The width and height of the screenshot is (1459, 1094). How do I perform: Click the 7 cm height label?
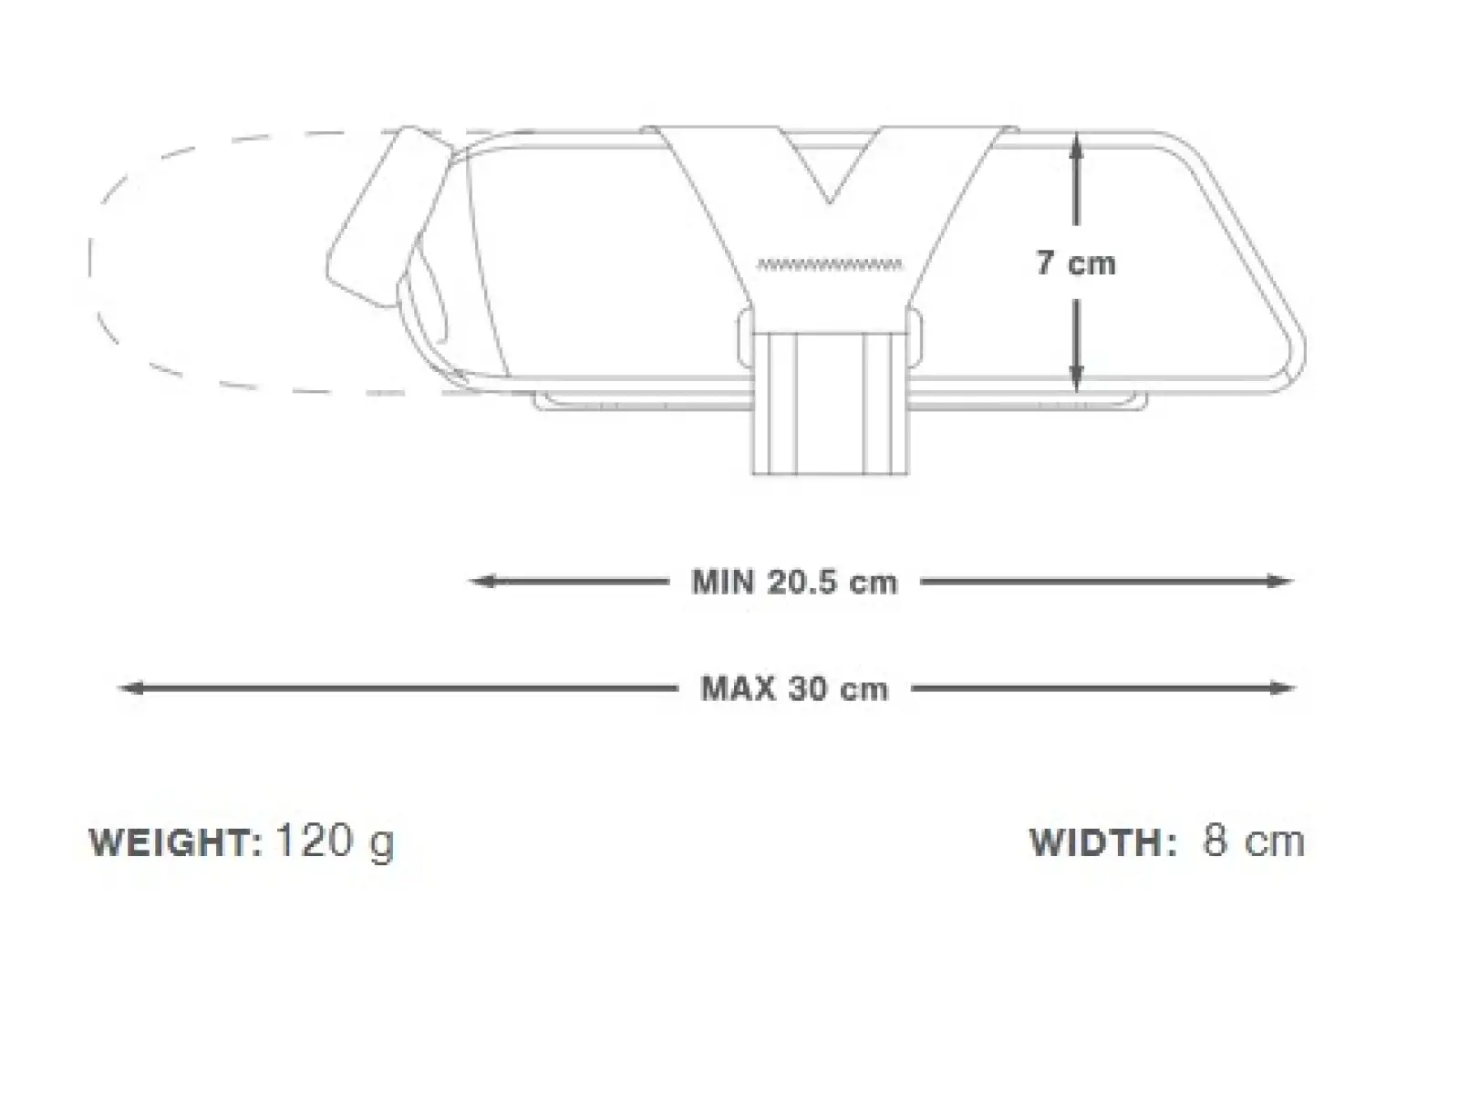(1075, 263)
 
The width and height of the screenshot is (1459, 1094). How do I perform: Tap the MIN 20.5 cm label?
(794, 583)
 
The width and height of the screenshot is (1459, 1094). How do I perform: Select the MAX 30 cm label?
(794, 689)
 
